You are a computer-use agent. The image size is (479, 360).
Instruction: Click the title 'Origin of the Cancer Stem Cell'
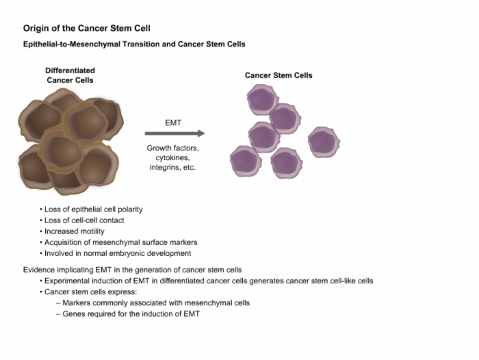pyautogui.click(x=87, y=29)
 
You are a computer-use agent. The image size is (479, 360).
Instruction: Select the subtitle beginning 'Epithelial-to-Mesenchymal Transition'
pyautogui.click(x=134, y=44)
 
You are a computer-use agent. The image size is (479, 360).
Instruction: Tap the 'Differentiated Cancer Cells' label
pyautogui.click(x=70, y=75)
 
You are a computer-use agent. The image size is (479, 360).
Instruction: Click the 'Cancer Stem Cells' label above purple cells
pyautogui.click(x=279, y=75)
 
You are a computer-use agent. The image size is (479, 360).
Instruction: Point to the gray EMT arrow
pyautogui.click(x=174, y=133)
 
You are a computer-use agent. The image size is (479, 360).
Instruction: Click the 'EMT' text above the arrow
pyautogui.click(x=173, y=123)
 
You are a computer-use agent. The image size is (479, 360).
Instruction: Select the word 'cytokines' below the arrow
pyautogui.click(x=172, y=157)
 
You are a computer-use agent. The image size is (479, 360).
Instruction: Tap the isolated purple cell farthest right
pyautogui.click(x=324, y=142)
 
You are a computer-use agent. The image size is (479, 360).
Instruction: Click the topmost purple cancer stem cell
pyautogui.click(x=263, y=100)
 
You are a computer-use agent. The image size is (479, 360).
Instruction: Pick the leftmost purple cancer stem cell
pyautogui.click(x=246, y=161)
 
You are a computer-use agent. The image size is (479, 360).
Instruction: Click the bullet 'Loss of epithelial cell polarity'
pyautogui.click(x=91, y=209)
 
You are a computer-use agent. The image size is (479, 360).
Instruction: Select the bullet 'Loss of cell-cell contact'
pyautogui.click(x=82, y=220)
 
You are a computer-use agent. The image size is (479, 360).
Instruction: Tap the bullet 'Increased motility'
pyautogui.click(x=72, y=231)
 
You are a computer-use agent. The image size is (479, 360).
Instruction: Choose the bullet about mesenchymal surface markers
pyautogui.click(x=118, y=242)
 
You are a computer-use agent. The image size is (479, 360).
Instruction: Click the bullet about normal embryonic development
pyautogui.click(x=116, y=253)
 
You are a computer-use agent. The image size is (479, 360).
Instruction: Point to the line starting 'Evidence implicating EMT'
pyautogui.click(x=132, y=270)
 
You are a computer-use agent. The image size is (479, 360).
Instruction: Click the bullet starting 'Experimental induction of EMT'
pyautogui.click(x=207, y=281)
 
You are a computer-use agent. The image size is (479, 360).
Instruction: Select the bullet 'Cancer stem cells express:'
pyautogui.click(x=88, y=292)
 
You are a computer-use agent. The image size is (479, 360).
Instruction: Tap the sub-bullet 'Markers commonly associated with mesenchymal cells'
pyautogui.click(x=153, y=303)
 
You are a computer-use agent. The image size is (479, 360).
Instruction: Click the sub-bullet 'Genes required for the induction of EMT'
pyautogui.click(x=128, y=314)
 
